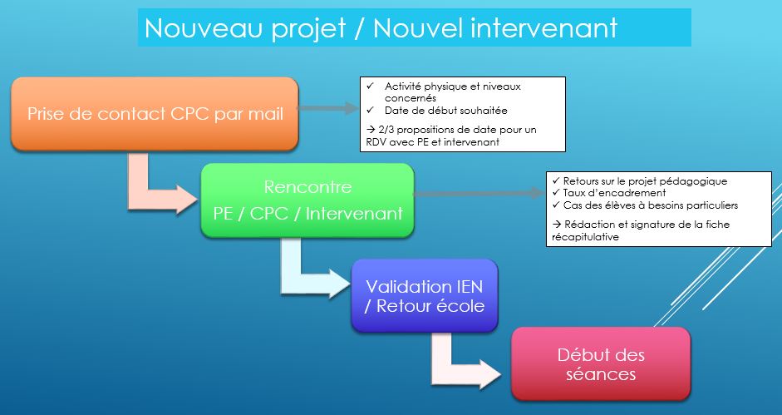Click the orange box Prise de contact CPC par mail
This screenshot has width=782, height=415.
tap(155, 114)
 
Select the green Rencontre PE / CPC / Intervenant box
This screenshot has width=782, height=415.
tap(307, 200)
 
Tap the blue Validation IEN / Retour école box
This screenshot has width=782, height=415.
tap(425, 295)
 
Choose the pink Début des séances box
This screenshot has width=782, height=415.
tap(601, 363)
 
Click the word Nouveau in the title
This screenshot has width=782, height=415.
tap(204, 28)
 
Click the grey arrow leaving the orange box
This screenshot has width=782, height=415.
tap(328, 108)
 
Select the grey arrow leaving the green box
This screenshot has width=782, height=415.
tap(480, 193)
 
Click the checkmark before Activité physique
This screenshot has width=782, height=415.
tap(370, 86)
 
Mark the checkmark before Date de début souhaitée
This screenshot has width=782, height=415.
tap(370, 111)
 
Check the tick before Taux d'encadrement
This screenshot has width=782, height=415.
tap(556, 193)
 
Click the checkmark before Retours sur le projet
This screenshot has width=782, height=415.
tap(556, 180)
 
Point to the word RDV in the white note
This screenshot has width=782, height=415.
tap(369, 142)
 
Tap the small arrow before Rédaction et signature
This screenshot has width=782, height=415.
tap(557, 225)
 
